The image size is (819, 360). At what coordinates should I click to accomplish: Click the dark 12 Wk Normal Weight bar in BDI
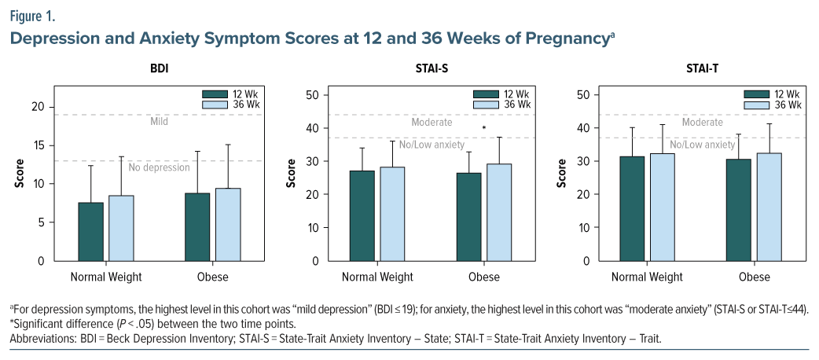pos(91,232)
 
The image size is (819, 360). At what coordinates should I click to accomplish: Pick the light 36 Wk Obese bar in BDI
pos(228,225)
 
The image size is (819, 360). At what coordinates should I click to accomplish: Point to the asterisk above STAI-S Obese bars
pos(484,128)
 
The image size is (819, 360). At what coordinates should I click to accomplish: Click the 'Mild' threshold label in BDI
pos(160,122)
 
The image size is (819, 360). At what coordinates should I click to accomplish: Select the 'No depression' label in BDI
pos(160,167)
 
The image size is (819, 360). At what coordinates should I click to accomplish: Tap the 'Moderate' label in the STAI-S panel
pos(432,122)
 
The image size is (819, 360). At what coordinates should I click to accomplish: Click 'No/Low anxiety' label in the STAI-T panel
pos(702,145)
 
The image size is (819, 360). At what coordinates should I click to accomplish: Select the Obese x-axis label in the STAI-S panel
pos(484,277)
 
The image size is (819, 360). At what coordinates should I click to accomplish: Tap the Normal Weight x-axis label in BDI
pos(106,277)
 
